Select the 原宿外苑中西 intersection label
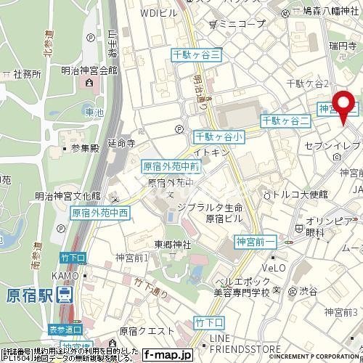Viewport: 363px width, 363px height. pyautogui.click(x=99, y=213)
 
